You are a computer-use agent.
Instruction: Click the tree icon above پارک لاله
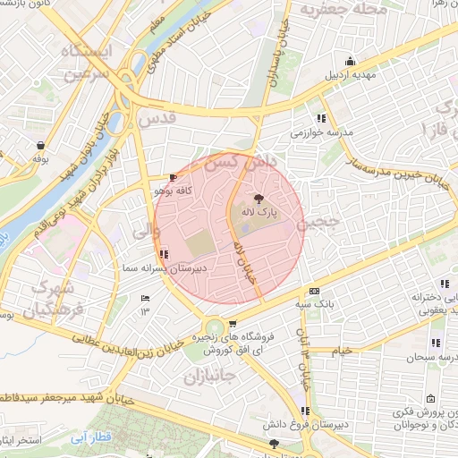[259, 199]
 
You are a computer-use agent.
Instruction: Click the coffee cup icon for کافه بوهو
[173, 177]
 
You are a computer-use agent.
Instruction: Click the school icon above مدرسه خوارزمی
[320, 117]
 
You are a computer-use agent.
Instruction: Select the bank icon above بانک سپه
[313, 292]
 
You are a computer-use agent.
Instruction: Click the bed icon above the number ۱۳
[145, 298]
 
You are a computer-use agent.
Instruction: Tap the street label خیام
[343, 351]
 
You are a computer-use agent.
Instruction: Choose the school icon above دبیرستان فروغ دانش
[305, 411]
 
